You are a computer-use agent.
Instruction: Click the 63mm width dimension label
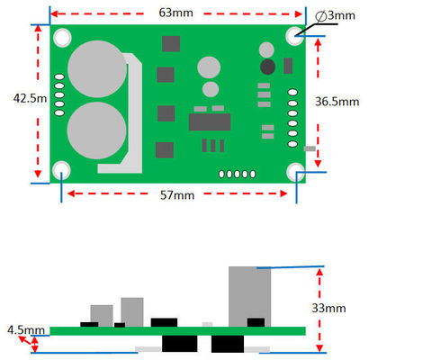tap(176, 13)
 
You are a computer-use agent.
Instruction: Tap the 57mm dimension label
tap(177, 195)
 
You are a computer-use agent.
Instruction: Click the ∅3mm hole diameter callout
tap(337, 16)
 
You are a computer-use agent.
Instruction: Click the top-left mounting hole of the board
tap(62, 37)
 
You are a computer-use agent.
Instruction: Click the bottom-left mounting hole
tap(62, 169)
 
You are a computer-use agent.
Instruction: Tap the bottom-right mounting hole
tap(296, 169)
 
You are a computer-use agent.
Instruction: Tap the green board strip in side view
tap(177, 331)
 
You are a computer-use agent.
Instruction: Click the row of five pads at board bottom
tap(239, 174)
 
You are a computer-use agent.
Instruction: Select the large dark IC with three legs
tap(209, 122)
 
